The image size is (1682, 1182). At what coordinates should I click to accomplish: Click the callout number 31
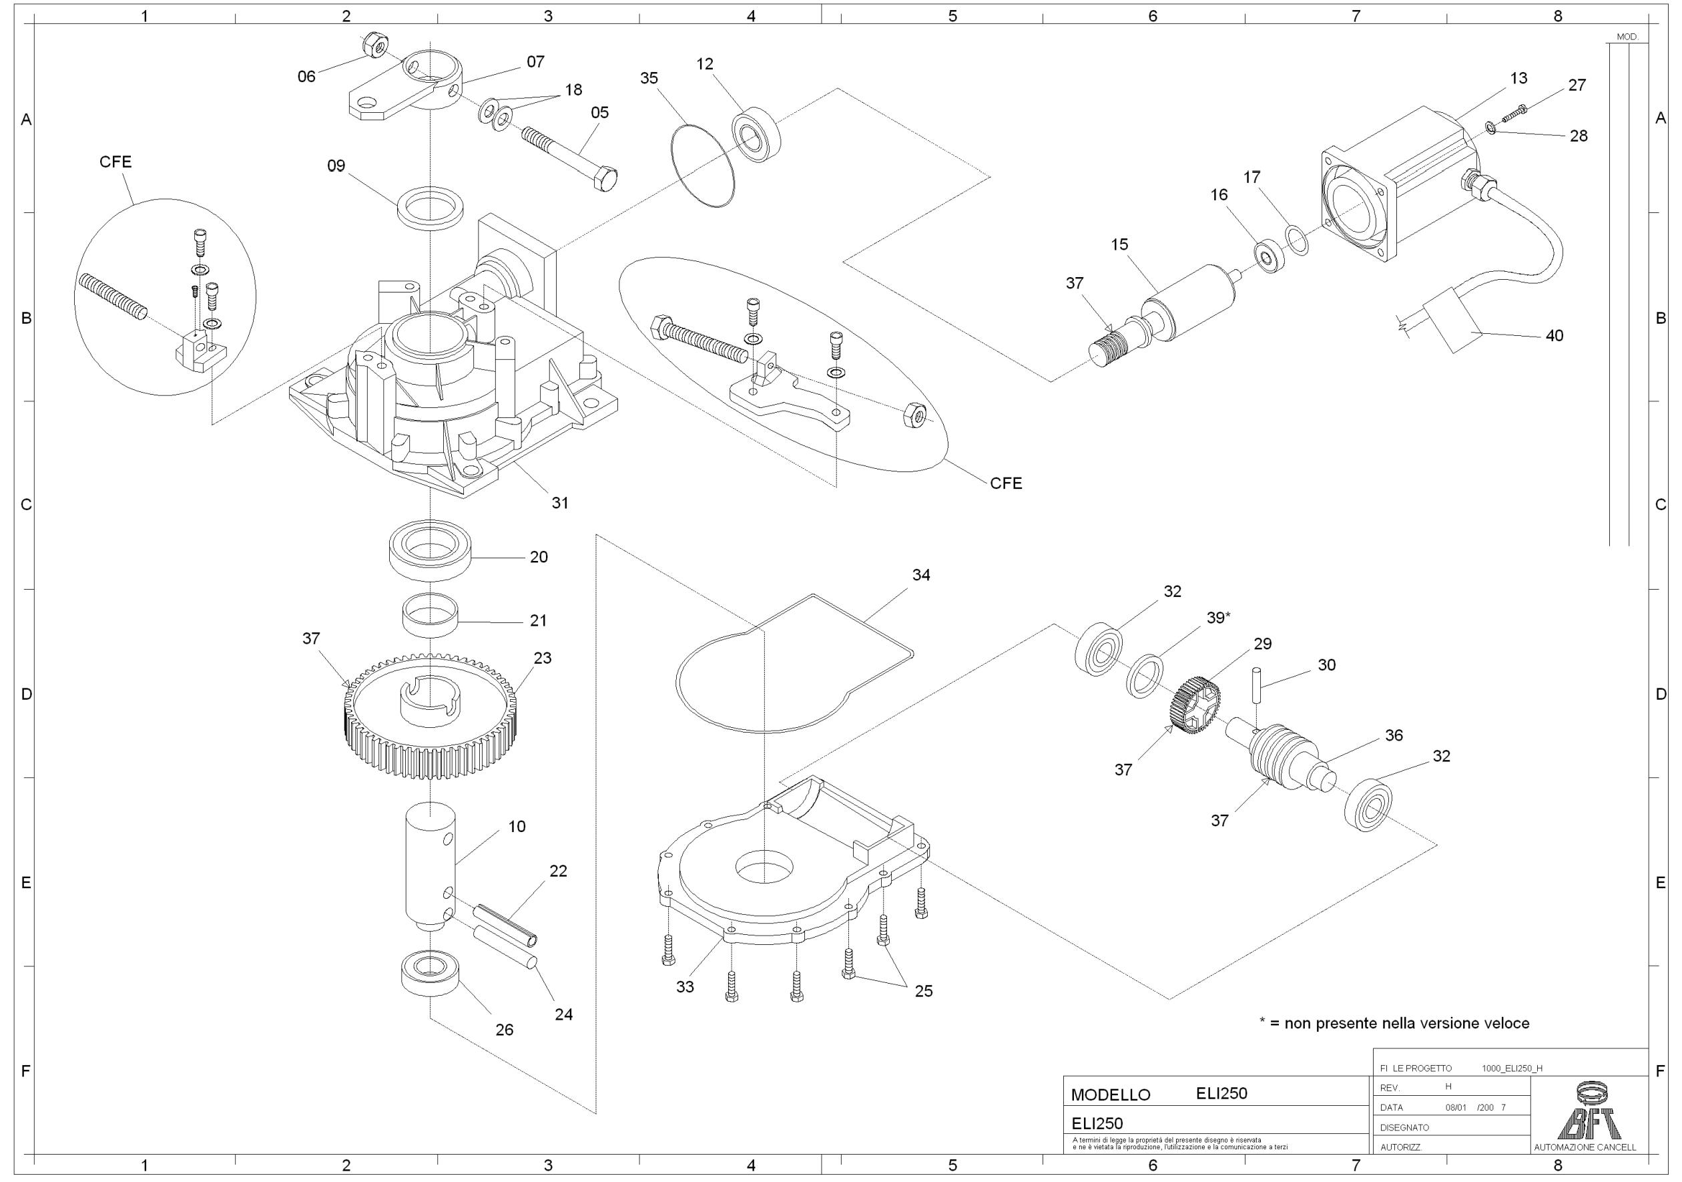click(x=560, y=504)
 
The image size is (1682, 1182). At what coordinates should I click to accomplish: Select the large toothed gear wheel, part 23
click(x=429, y=721)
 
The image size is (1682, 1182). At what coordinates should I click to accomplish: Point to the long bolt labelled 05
click(x=570, y=158)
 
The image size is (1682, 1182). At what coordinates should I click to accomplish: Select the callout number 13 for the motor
click(x=1518, y=78)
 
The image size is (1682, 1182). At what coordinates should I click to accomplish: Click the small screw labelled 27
click(x=1514, y=114)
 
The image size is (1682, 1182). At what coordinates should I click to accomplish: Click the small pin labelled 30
click(x=1257, y=685)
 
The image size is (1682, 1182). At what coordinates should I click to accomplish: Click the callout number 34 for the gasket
click(x=921, y=575)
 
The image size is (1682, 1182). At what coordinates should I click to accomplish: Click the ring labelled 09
click(x=431, y=208)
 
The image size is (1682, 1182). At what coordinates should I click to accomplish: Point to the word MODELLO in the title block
click(x=1111, y=1095)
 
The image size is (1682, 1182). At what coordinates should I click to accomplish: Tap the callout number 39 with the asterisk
click(x=1218, y=618)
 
